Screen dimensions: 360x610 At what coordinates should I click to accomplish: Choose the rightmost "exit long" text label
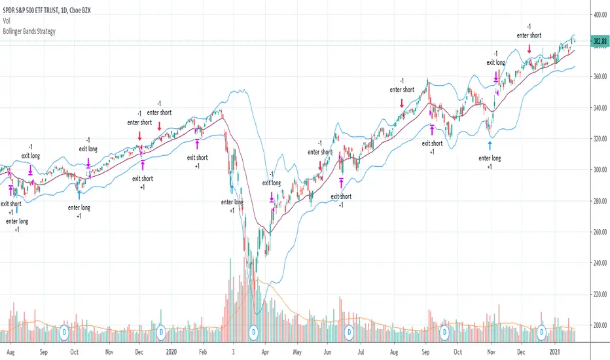(x=495, y=62)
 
